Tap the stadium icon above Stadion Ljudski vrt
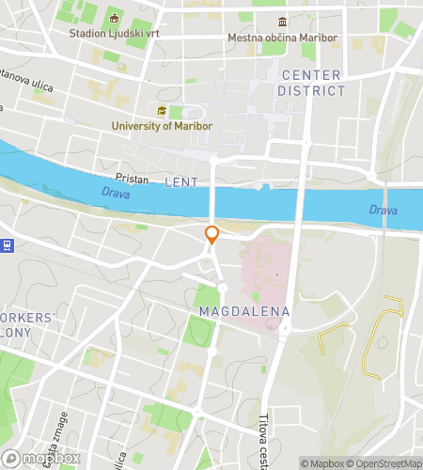coord(114,18)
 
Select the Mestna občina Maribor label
coord(282,39)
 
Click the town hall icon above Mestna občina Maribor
coord(282,23)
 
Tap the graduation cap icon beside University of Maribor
coord(162,111)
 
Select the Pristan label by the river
coord(133,177)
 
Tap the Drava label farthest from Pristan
coord(383,210)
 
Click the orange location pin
coord(212,234)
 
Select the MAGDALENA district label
coord(244,310)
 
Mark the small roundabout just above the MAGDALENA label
coord(223,288)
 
